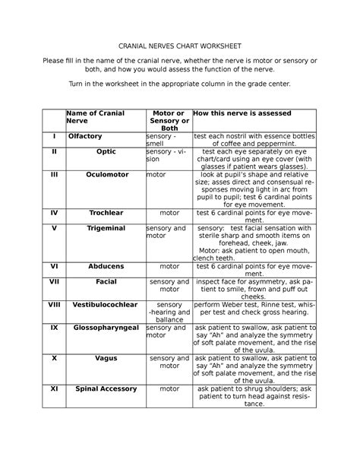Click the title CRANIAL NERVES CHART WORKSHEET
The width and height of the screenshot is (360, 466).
[x=180, y=45]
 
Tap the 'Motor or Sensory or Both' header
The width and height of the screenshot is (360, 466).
[x=169, y=121]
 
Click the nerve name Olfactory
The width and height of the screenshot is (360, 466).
[x=85, y=136]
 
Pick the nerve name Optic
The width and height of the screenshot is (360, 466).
[x=106, y=151]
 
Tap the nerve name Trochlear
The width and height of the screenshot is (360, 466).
[x=106, y=213]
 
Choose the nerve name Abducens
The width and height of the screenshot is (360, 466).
[x=106, y=267]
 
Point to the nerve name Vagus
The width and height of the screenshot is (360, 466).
[x=106, y=357]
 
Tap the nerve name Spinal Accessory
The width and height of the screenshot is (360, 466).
[x=106, y=388]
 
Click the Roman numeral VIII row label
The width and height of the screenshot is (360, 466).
[x=54, y=305]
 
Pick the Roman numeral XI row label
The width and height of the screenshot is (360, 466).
[x=54, y=388]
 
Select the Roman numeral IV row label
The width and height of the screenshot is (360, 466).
[x=54, y=213]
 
